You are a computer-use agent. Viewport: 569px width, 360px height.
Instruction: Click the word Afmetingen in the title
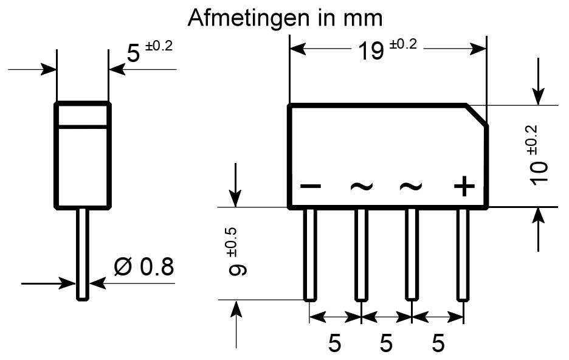tap(250, 18)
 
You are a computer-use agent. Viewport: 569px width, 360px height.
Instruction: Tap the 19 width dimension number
tap(370, 51)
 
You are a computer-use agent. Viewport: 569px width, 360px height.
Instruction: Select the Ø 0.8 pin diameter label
tap(144, 267)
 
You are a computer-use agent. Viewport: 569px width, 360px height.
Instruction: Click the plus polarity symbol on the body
tap(464, 187)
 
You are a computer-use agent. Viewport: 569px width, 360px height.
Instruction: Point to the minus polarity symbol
tap(311, 187)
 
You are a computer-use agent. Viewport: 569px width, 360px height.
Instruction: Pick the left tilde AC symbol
tap(362, 187)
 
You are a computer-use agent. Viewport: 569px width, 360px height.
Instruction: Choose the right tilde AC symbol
tap(411, 187)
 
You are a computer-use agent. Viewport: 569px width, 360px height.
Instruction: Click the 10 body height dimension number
tap(539, 172)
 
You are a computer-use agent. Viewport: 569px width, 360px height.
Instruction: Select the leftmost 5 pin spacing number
tap(334, 343)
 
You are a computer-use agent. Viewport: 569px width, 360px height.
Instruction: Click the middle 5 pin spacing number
tap(386, 343)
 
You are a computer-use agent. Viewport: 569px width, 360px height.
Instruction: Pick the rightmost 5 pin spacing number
tap(438, 343)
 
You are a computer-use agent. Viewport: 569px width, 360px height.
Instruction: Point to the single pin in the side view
tap(83, 255)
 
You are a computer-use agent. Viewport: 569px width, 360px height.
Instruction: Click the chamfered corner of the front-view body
tap(477, 116)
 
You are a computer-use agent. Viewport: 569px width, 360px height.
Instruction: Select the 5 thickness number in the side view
tap(133, 54)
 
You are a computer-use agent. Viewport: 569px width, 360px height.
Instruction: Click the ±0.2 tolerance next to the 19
tap(404, 44)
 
